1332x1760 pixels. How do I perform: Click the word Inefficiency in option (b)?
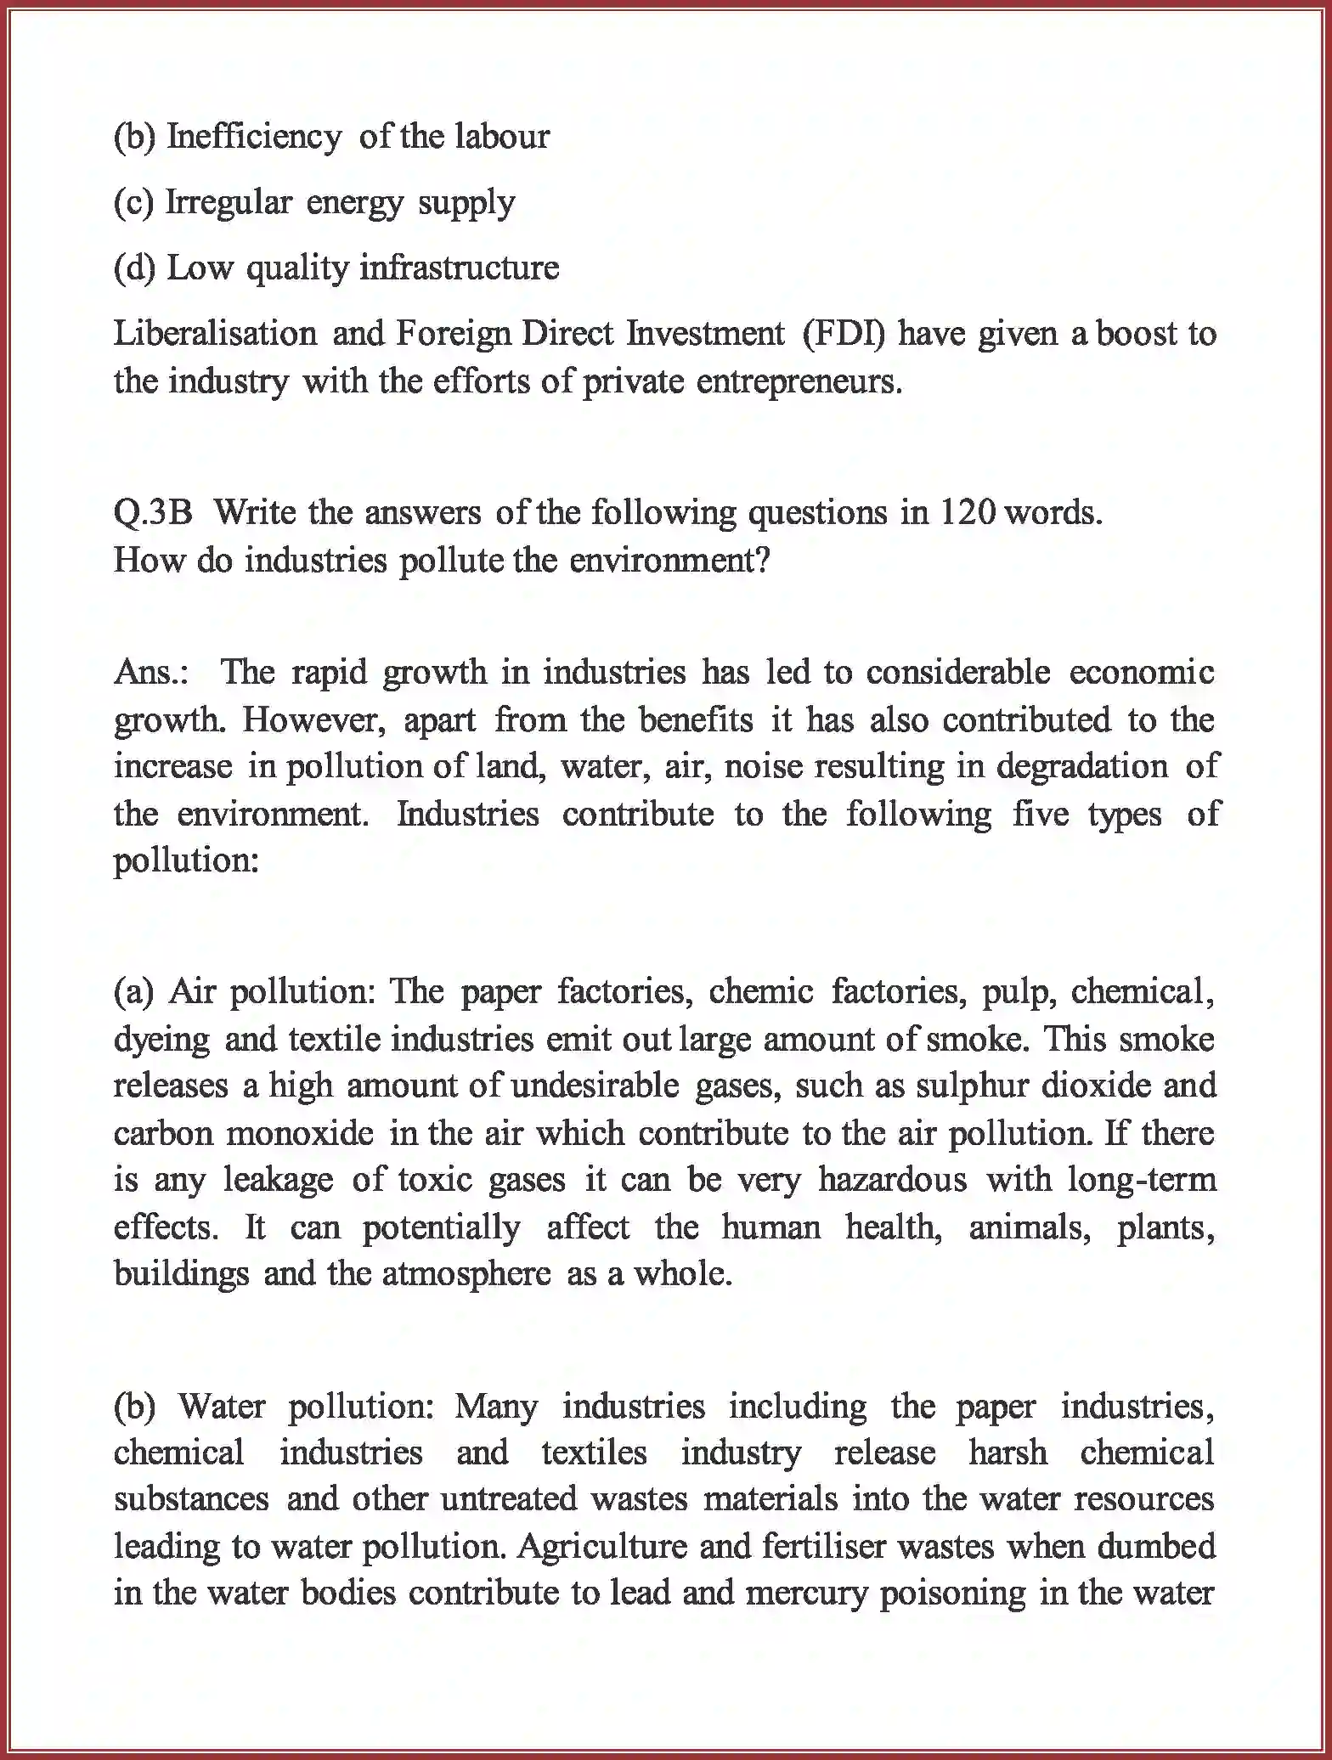253,136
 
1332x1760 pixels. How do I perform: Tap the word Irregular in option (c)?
228,202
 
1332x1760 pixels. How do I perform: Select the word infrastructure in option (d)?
460,268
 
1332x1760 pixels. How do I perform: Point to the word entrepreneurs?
799,381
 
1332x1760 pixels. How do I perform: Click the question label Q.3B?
154,512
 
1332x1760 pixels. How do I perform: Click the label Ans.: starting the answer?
153,672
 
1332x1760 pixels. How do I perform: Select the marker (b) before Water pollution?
134,1406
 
